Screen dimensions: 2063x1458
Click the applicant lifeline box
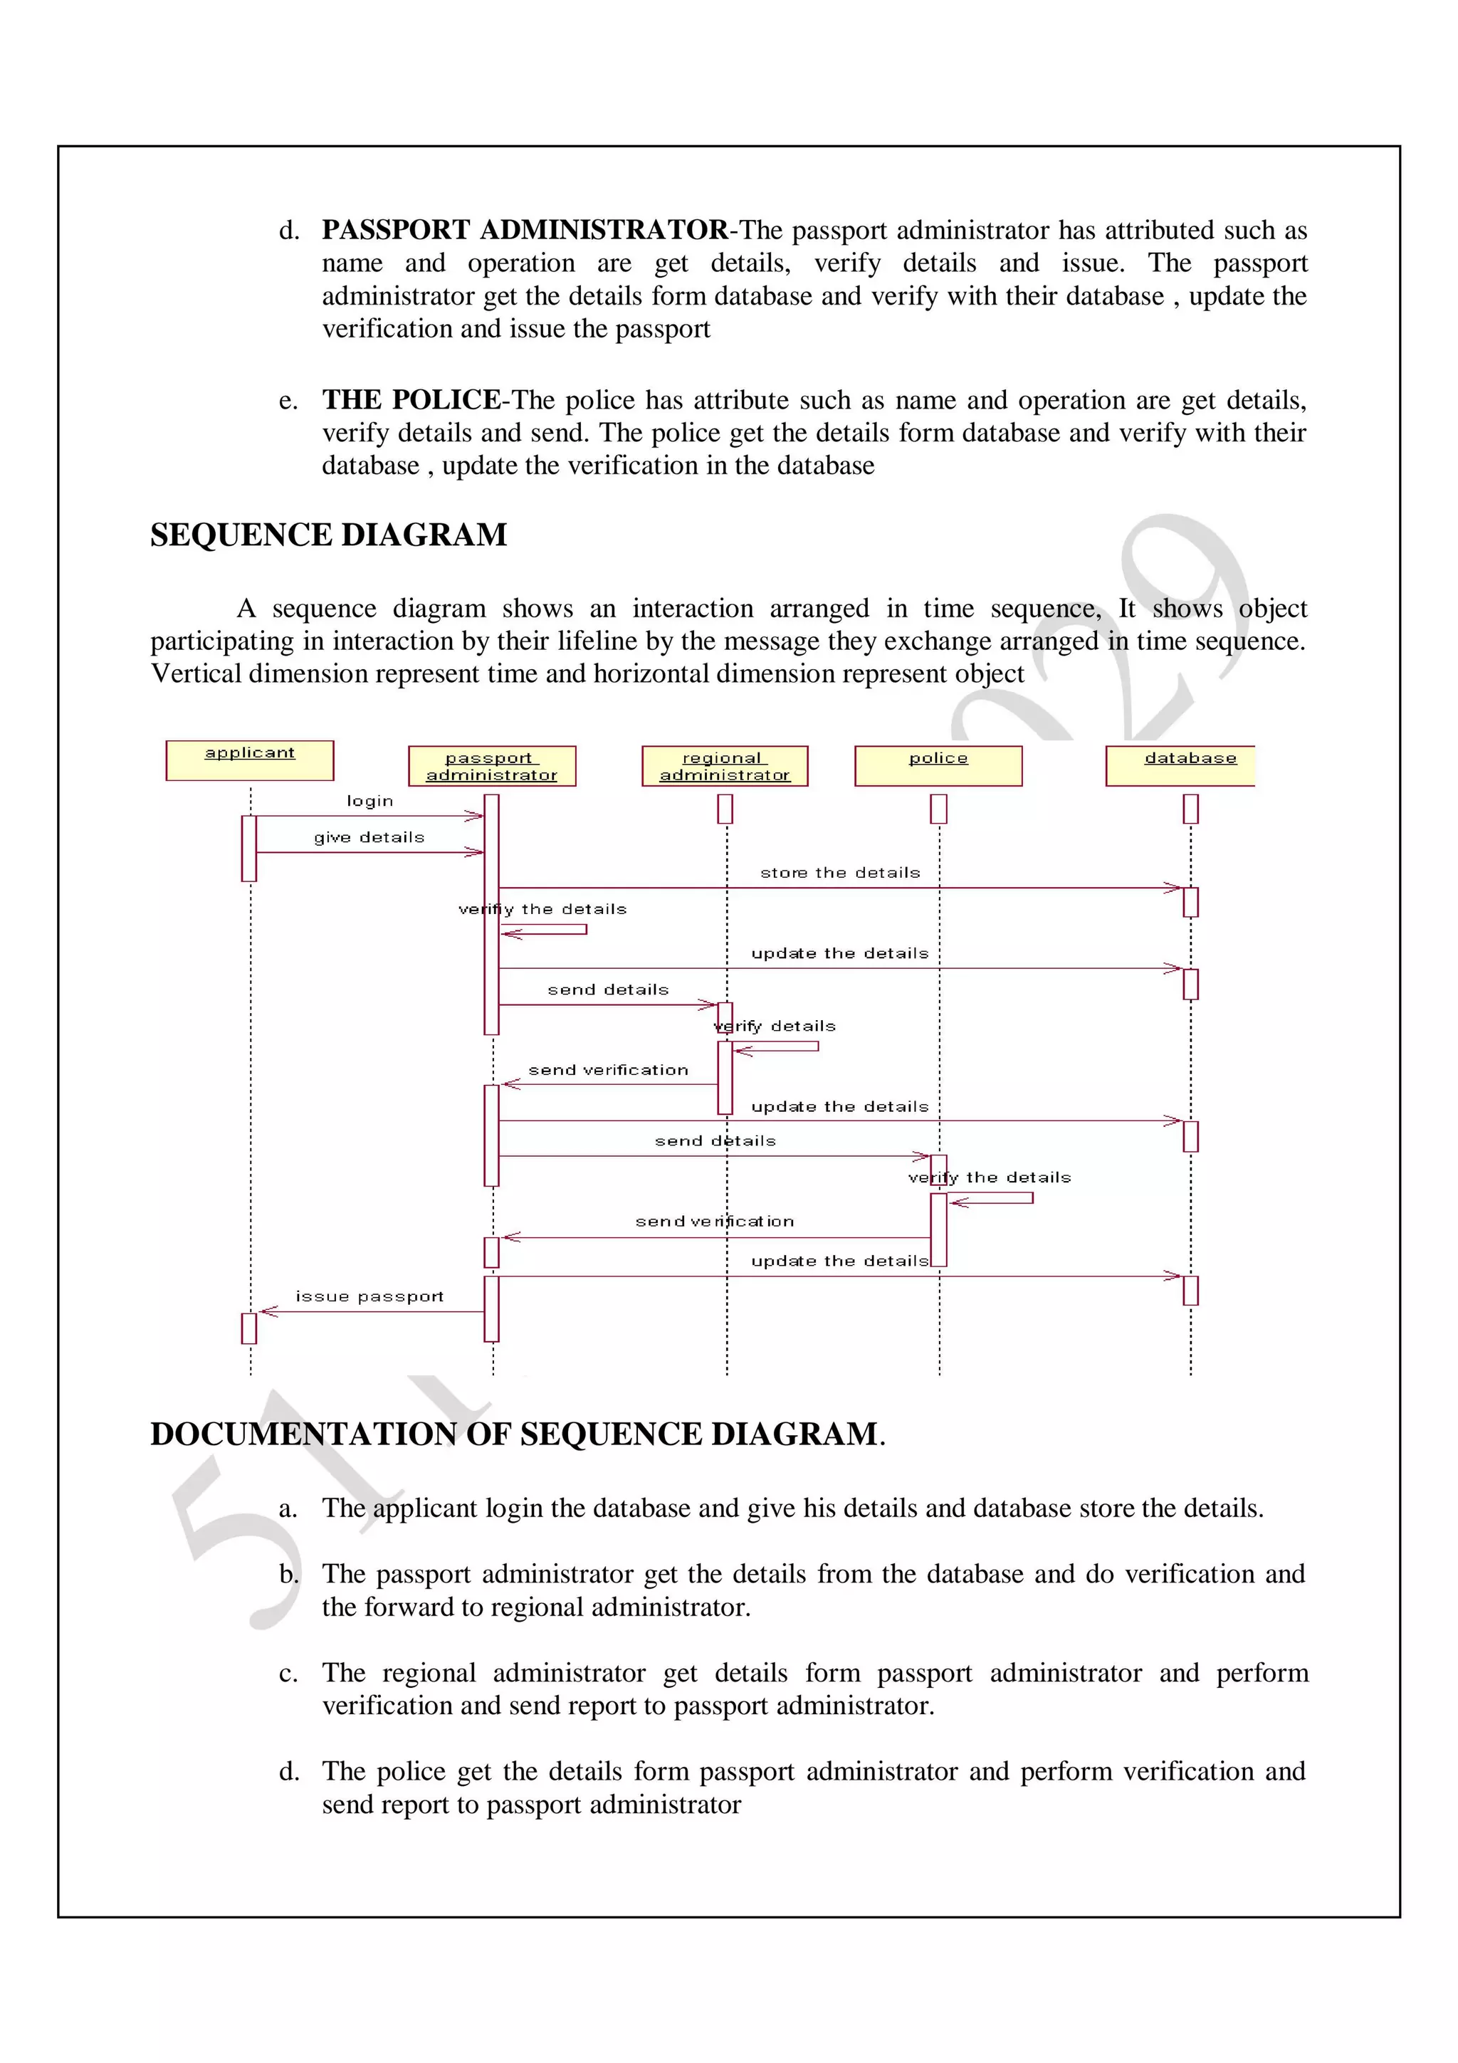tap(250, 760)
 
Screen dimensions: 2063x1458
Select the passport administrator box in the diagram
tap(491, 767)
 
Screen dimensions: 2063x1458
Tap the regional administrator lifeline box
tap(724, 767)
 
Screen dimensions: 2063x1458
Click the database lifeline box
tap(1180, 767)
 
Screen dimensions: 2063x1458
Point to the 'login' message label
tap(370, 801)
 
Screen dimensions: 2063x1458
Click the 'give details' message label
tap(369, 837)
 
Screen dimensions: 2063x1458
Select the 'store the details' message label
tap(840, 873)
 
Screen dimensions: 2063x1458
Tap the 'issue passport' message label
tap(369, 1296)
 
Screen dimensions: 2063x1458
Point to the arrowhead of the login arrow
tap(476, 816)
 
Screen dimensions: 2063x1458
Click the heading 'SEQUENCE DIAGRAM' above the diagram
tap(329, 535)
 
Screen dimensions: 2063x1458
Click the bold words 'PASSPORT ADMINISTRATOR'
tap(525, 230)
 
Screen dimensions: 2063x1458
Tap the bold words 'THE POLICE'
tap(411, 400)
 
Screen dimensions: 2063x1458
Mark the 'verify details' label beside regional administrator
tap(775, 1026)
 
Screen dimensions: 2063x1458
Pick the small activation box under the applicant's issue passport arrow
tap(249, 1328)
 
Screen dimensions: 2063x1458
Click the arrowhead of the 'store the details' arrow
tap(1174, 888)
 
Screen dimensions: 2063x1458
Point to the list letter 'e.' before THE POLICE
tap(288, 401)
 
